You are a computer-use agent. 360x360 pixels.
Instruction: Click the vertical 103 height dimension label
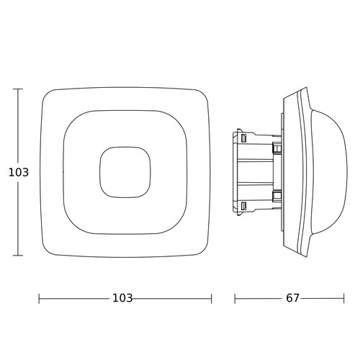19,172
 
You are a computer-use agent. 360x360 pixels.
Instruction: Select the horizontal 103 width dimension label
122,298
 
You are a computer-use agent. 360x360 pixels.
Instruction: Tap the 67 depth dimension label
292,298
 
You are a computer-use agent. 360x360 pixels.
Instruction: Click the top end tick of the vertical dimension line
18,89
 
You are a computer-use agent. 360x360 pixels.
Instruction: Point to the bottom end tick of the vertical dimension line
18,256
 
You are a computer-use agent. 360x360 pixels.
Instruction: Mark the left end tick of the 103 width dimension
39,299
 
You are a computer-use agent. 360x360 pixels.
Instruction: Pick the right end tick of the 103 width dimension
212,299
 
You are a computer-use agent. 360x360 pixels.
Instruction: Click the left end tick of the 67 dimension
235,299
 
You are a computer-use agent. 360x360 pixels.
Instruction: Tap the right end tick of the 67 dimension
344,299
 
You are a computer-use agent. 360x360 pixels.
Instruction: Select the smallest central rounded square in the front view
125,147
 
